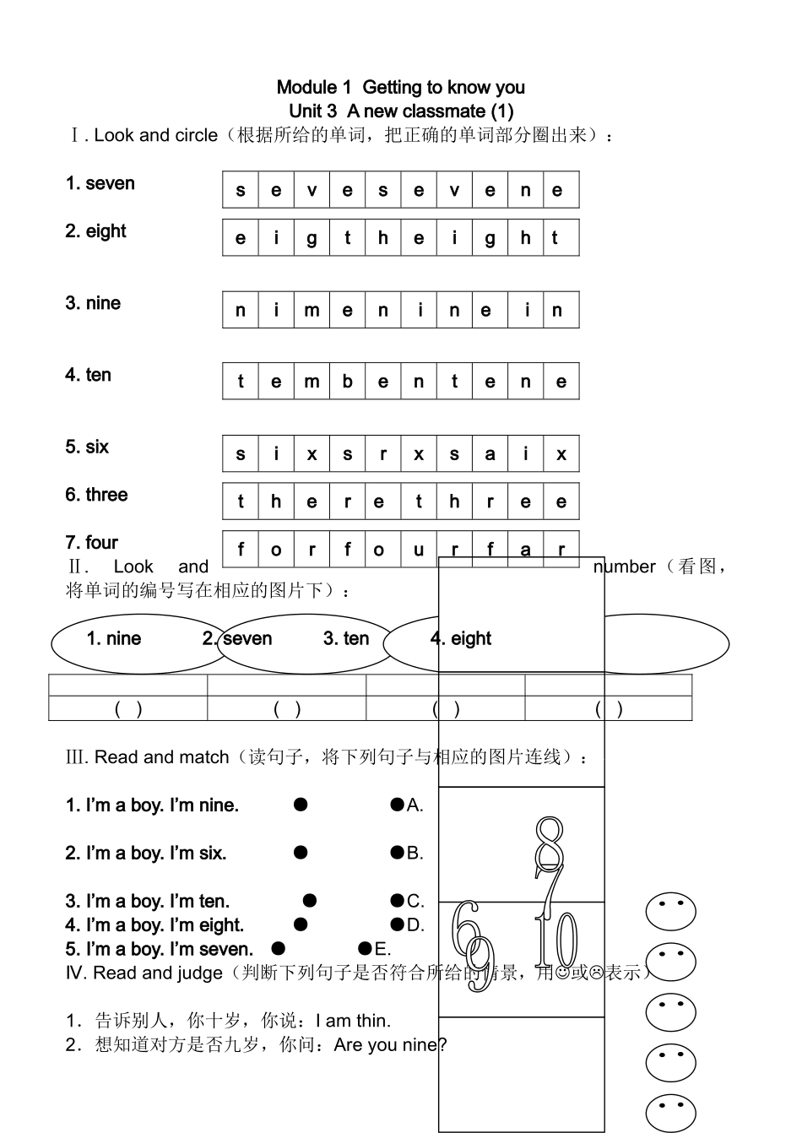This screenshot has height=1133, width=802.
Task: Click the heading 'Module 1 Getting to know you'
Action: coord(400,87)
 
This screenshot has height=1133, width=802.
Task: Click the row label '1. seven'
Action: coord(100,183)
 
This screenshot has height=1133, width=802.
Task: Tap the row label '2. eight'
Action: coord(95,231)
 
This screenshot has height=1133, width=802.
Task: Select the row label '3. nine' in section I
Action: coord(93,303)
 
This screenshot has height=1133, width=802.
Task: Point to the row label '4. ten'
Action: coord(89,375)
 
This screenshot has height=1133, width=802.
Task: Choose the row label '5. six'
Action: coord(87,447)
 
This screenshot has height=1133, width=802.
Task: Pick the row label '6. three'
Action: coord(96,495)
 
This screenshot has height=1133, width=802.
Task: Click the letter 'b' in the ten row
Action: coord(347,382)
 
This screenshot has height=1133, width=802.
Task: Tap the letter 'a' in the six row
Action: coord(490,454)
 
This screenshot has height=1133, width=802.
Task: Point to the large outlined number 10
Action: coord(557,941)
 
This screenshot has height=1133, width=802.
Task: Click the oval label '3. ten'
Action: coord(346,638)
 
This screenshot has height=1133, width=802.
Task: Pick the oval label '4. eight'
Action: coord(461,638)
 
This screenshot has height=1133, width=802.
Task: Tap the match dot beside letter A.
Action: coord(397,805)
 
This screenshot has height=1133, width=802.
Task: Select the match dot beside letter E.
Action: coord(365,948)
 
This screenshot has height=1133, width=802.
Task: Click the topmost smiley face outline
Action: coord(670,912)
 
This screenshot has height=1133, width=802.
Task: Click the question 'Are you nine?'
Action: coord(390,1045)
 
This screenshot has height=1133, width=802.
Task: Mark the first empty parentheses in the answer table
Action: coord(128,709)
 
